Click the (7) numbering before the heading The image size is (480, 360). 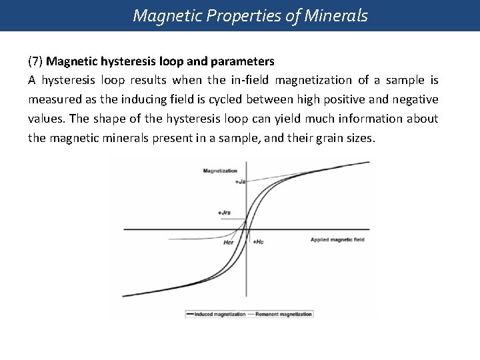click(36, 61)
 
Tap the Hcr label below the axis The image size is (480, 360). click(229, 243)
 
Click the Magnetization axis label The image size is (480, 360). click(220, 171)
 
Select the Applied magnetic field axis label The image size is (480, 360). click(338, 239)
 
